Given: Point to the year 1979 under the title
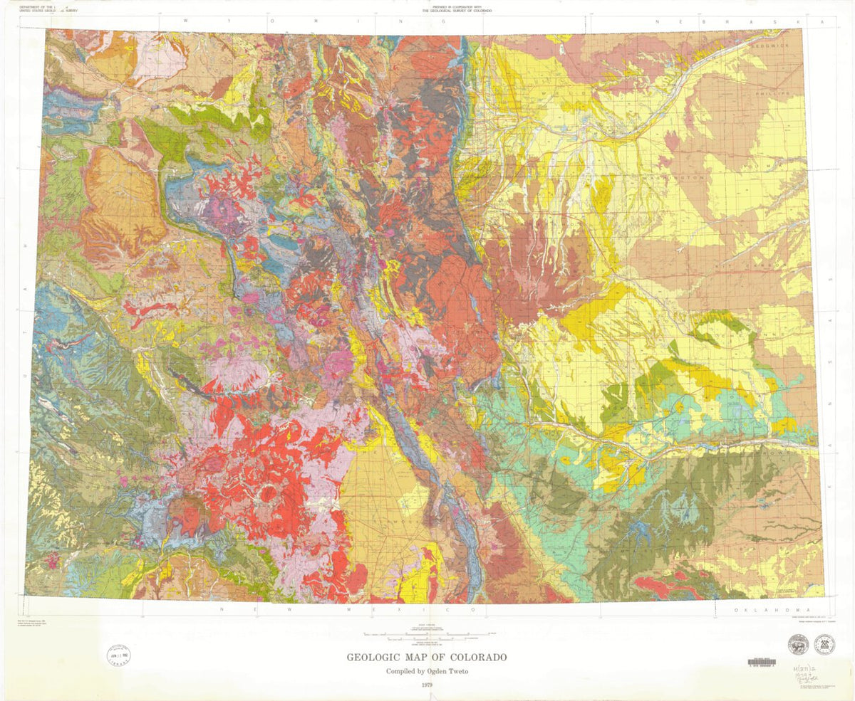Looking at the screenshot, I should [427, 685].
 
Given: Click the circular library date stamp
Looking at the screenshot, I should [118, 653].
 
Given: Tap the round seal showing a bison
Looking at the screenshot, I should [797, 645].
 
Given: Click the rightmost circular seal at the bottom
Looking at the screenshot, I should [825, 645].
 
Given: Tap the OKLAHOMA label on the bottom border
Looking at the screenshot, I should [772, 610].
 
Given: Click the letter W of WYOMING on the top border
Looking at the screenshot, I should [187, 21].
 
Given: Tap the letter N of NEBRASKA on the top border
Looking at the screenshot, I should [660, 22].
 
